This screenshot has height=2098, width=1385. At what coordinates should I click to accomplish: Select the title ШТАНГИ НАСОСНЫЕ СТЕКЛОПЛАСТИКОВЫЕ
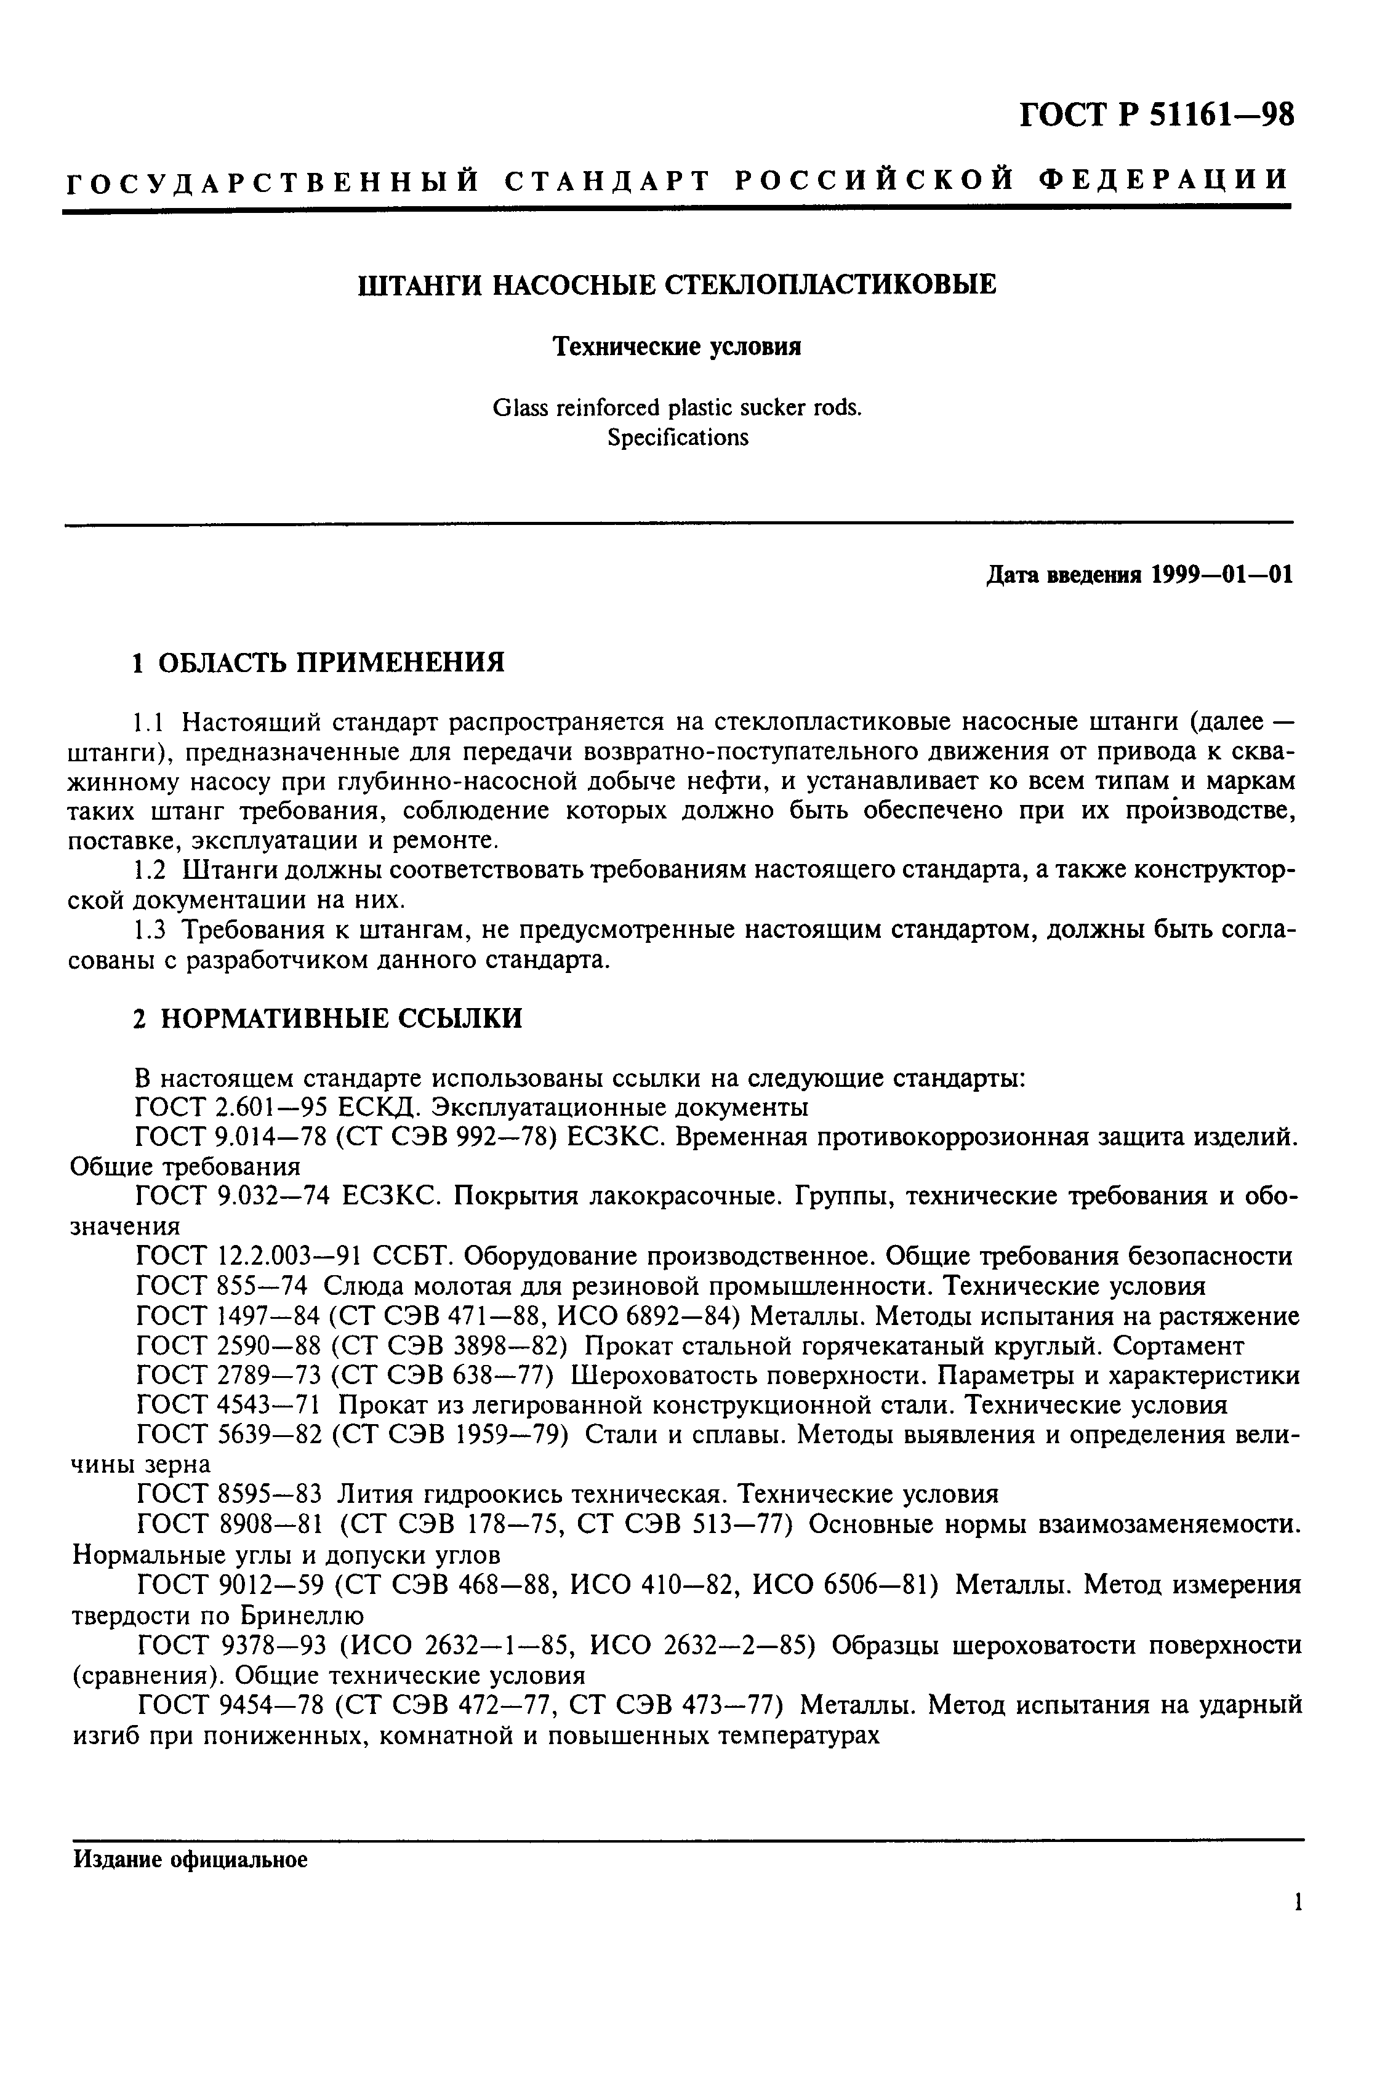pos(676,284)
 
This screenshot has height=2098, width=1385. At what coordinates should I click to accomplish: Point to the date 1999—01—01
pos(1222,575)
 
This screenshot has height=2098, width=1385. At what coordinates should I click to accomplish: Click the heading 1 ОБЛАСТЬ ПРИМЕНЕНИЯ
pos(319,662)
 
